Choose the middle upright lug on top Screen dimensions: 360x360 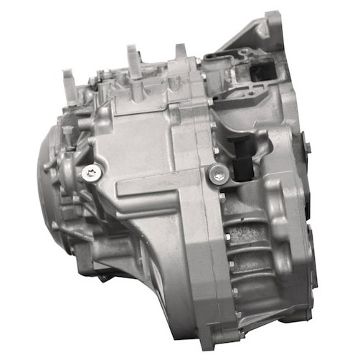133,56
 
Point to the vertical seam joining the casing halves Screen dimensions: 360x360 204,237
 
